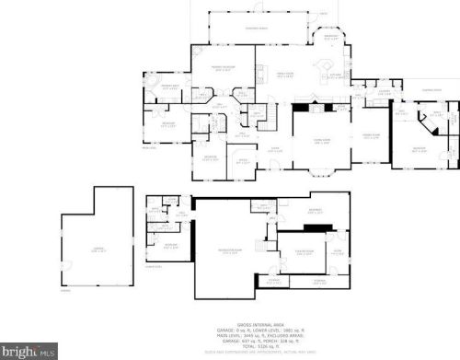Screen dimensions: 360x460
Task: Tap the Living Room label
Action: tap(319, 139)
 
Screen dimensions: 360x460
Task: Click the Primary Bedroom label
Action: tap(216, 69)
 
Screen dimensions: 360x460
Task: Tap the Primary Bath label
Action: tap(169, 88)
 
